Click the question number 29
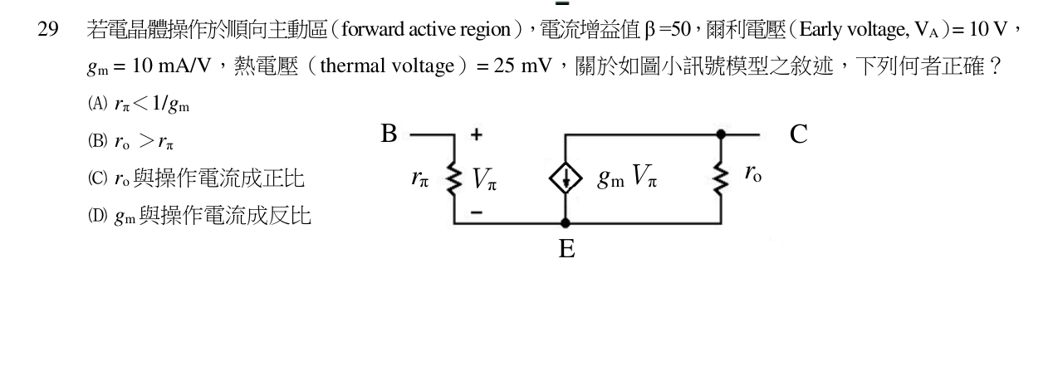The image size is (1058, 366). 48,29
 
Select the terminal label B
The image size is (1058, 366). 389,134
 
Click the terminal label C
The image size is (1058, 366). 799,134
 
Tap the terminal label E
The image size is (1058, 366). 566,248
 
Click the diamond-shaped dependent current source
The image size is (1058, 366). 566,178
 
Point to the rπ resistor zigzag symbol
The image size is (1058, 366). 454,178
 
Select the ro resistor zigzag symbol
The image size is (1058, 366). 721,178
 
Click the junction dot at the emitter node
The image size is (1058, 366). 565,223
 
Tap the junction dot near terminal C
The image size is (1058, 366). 721,134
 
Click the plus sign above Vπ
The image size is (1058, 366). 477,134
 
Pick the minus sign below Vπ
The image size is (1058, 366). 477,212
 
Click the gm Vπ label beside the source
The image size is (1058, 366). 627,177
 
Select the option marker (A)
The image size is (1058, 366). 98,103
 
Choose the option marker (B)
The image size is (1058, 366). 98,141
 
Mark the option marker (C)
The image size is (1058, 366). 98,178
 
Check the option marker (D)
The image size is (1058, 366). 98,217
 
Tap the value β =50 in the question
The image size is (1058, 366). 668,29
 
